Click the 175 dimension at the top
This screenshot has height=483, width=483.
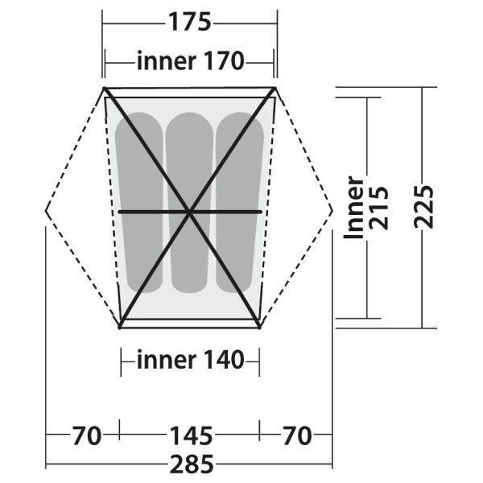pyautogui.click(x=189, y=22)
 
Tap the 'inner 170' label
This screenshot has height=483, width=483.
pyautogui.click(x=189, y=61)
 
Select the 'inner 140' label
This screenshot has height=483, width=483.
pyautogui.click(x=190, y=361)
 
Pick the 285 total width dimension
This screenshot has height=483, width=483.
pyautogui.click(x=191, y=464)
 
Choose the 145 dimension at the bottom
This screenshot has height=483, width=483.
pyautogui.click(x=190, y=436)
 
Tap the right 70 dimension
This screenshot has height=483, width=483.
pyautogui.click(x=296, y=436)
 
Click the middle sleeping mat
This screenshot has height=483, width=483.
pyautogui.click(x=189, y=201)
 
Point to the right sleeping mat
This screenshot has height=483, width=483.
pyautogui.click(x=240, y=201)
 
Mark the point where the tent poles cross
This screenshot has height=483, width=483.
pyautogui.click(x=190, y=212)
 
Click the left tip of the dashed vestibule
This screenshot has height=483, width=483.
pyautogui.click(x=47, y=211)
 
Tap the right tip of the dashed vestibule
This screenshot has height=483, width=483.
pyautogui.click(x=332, y=211)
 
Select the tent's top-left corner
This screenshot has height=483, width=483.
pyautogui.click(x=105, y=89)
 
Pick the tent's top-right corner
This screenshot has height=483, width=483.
pyautogui.click(x=275, y=89)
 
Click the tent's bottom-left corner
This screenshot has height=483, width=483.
pyautogui.click(x=121, y=326)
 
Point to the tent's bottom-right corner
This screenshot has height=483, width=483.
pyautogui.click(x=259, y=326)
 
